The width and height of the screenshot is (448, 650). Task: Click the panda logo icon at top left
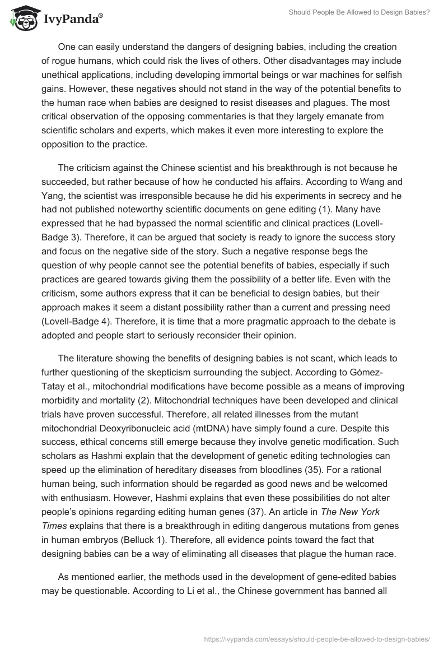pyautogui.click(x=21, y=18)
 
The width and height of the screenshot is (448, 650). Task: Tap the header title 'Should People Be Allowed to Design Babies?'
pyautogui.click(x=359, y=12)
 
